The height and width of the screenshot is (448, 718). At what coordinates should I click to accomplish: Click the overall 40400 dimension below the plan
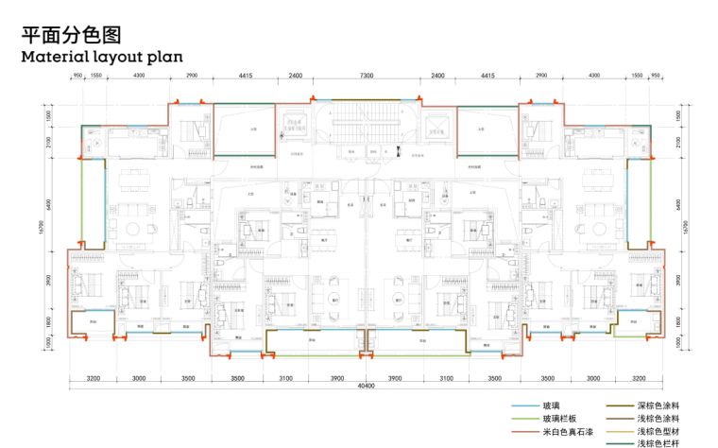tap(366, 386)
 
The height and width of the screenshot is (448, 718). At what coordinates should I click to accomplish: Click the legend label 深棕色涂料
tap(658, 405)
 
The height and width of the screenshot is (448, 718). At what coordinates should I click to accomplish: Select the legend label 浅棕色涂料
tap(658, 418)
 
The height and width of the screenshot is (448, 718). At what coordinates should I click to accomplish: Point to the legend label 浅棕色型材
tap(658, 431)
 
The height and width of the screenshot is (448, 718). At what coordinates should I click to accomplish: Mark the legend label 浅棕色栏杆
tap(658, 443)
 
